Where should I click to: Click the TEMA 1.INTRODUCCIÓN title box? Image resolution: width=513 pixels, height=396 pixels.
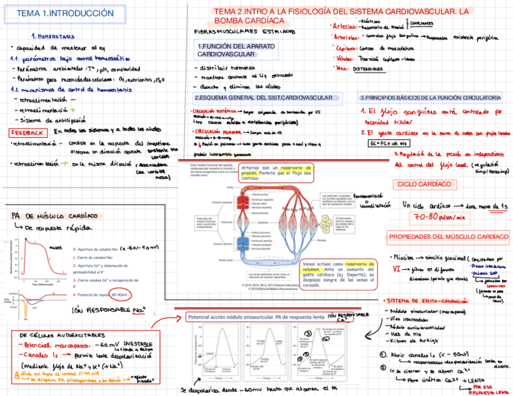coord(65,13)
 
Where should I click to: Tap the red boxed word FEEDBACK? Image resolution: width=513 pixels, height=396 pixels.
coord(27,132)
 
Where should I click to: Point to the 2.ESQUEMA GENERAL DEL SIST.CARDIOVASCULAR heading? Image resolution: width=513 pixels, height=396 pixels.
coord(265,97)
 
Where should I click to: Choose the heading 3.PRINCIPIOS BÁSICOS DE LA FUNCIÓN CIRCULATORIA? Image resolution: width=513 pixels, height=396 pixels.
coord(430,97)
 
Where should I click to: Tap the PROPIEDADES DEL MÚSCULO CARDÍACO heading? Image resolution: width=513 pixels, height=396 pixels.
coord(448,236)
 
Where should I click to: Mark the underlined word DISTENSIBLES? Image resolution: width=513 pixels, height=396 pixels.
coord(368,69)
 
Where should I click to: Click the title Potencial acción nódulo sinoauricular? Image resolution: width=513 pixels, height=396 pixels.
coord(254,317)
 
